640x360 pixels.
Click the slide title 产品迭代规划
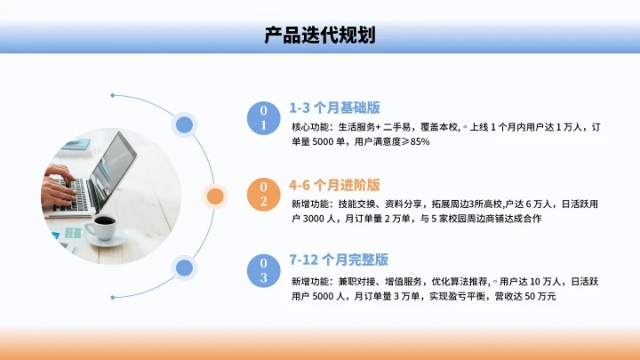tap(319, 36)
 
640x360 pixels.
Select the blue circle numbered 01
tap(263, 117)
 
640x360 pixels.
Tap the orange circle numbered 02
tap(263, 194)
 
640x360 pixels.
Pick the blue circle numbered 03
tap(263, 270)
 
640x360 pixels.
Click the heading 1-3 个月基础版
tap(334, 108)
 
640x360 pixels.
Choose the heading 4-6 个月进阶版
tap(334, 185)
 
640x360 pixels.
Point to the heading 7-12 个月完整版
tap(339, 260)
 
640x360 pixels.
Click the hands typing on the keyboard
tap(62, 182)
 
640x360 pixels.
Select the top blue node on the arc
tap(184, 124)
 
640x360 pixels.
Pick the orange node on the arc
tap(214, 196)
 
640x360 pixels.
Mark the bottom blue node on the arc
tap(184, 267)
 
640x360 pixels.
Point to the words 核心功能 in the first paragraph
tap(308, 127)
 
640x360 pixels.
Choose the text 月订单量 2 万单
tap(376, 219)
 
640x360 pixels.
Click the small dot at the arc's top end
tap(112, 95)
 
